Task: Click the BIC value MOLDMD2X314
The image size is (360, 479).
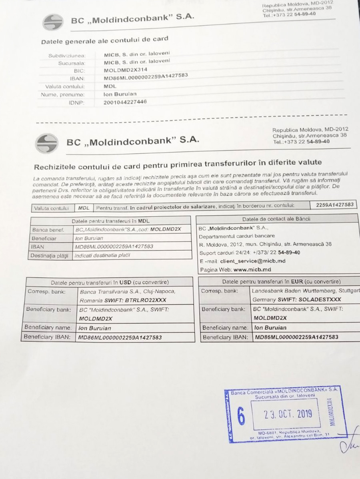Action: point(126,69)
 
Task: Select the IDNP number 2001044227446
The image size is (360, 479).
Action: point(125,102)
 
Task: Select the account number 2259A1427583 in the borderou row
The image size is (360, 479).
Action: point(334,205)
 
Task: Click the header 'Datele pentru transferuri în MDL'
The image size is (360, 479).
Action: point(110,221)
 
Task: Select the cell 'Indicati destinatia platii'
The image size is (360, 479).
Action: point(102,255)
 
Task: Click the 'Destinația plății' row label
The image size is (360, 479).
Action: point(50,255)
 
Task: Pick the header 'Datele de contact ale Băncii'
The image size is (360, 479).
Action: point(276,219)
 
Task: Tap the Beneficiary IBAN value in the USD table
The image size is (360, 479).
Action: point(120,337)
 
